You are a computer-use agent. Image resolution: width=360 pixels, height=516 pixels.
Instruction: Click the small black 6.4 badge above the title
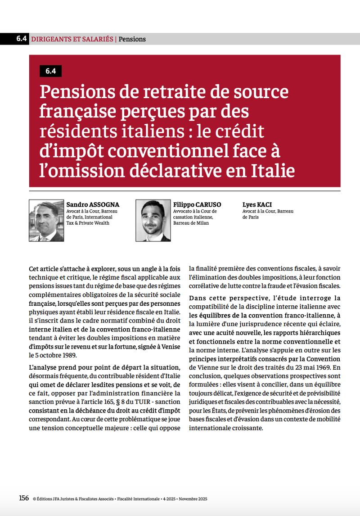pos(50,71)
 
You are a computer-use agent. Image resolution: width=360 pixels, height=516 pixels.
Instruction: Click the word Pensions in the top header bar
pos(132,39)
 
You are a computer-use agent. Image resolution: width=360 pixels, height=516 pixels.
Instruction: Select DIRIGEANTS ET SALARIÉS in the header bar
pos(72,39)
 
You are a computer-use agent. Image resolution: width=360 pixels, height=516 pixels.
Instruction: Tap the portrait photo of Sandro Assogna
pos(46,221)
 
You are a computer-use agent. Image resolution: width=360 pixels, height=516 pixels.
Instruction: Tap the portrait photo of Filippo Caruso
pos(153,221)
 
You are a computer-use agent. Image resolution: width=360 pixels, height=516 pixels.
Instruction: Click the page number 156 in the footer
pos(24,498)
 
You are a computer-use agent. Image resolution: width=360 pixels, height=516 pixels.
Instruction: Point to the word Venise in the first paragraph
pos(171,346)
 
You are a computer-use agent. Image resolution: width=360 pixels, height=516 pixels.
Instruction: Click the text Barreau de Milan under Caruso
pos(191,223)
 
